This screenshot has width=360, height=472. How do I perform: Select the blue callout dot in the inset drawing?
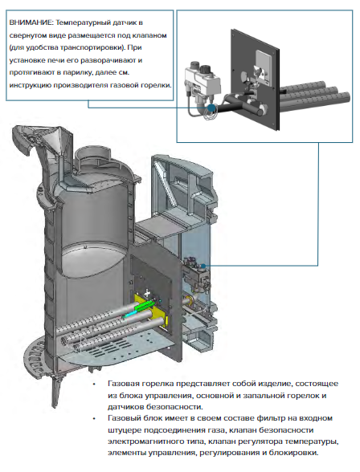tap(212, 108)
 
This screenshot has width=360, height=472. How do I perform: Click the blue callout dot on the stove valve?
tap(203, 266)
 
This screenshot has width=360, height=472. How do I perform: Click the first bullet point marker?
tap(94, 385)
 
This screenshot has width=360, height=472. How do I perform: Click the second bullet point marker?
tap(94, 419)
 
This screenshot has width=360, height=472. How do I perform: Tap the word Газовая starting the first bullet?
tap(124, 384)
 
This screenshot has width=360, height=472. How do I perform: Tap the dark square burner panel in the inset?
tap(256, 79)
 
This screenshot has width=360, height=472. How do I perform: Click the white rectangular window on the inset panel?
tap(264, 65)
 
